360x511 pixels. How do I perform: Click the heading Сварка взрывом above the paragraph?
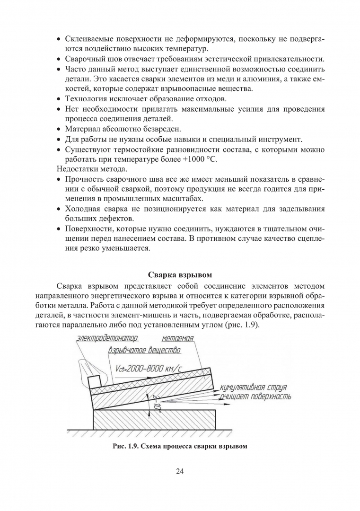click(x=179, y=274)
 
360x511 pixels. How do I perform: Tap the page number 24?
click(x=179, y=471)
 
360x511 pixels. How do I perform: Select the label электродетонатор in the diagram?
click(x=107, y=339)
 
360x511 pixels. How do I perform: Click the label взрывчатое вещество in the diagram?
click(x=144, y=351)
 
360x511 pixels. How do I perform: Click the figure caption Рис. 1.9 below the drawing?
click(x=179, y=446)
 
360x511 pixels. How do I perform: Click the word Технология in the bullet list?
click(x=86, y=99)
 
